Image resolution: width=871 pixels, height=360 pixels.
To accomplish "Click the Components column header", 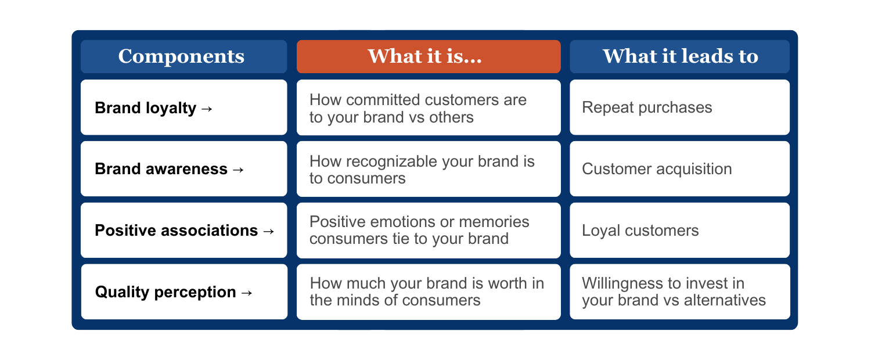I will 181,56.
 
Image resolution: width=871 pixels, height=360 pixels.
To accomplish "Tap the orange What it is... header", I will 429,56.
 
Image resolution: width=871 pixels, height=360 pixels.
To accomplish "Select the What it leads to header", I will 680,56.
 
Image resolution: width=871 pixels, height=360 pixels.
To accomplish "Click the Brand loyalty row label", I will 145,108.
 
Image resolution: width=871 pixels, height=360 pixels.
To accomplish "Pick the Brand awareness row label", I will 161,169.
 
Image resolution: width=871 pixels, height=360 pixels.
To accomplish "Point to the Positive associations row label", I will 176,231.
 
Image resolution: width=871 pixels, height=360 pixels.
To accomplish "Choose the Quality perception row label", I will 165,292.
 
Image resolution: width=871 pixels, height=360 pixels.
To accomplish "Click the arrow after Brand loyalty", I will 207,109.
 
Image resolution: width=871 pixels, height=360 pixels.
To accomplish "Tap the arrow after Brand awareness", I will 238,170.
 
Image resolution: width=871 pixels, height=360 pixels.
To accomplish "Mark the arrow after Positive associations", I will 268,231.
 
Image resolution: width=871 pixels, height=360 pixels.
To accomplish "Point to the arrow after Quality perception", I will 247,293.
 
